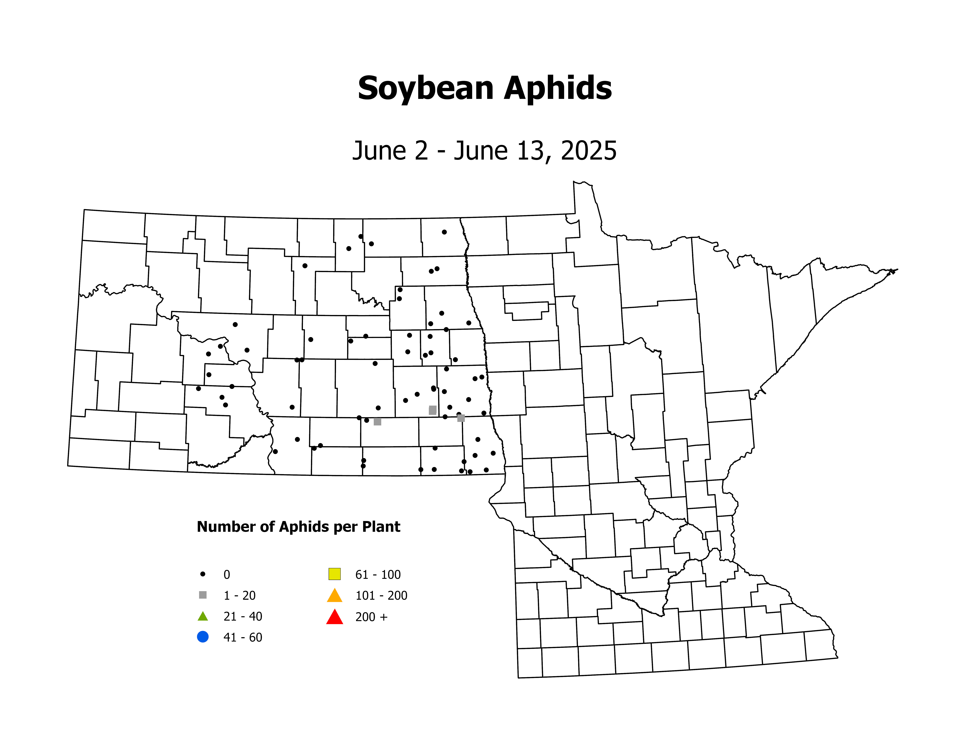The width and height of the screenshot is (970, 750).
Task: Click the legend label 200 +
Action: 371,617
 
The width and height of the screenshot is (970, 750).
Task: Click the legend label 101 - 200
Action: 381,595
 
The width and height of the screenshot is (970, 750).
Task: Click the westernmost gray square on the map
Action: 378,422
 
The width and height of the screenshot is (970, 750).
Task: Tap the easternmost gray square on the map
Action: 461,418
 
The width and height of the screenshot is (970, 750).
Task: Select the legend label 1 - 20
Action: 239,595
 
